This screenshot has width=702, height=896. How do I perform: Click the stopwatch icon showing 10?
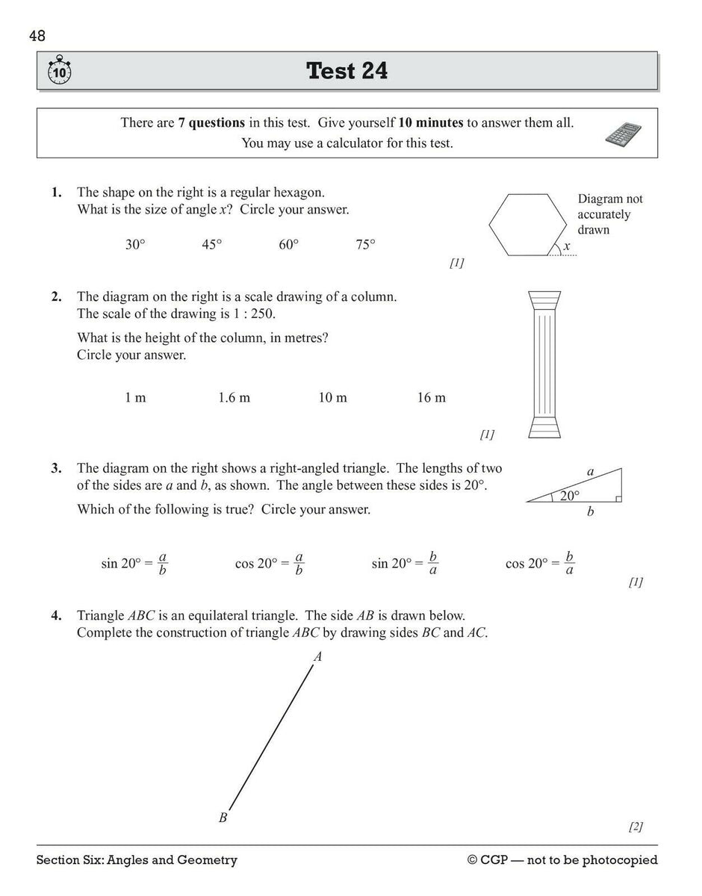tap(59, 71)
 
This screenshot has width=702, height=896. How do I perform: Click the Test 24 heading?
tap(347, 71)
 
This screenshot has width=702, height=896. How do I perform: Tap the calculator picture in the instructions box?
tap(624, 133)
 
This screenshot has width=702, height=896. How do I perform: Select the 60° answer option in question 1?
tap(289, 245)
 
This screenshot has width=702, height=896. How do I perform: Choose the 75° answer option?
tap(365, 245)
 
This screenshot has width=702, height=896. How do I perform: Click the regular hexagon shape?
tap(527, 224)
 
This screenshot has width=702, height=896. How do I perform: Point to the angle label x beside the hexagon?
tap(567, 246)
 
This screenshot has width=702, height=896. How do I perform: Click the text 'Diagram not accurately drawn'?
tap(609, 214)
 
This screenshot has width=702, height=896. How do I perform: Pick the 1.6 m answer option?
tap(234, 398)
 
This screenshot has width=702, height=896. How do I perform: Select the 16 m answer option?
tap(431, 398)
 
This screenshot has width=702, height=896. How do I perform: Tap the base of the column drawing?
tap(543, 427)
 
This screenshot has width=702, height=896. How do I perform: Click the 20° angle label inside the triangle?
tap(569, 494)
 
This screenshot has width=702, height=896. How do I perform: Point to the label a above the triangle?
tap(590, 472)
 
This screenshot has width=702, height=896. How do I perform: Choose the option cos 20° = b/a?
tap(540, 564)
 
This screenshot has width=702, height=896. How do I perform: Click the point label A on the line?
tap(318, 657)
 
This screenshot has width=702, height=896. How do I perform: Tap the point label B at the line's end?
tap(223, 818)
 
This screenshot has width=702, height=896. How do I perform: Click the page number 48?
tap(37, 35)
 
